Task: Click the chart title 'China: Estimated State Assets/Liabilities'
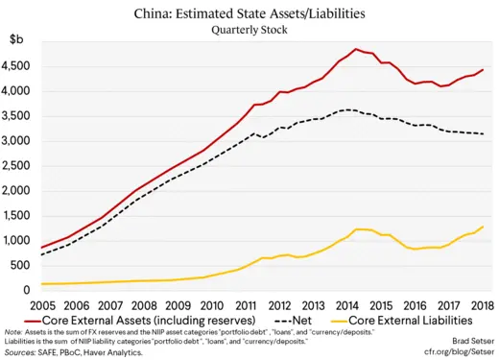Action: click(249, 12)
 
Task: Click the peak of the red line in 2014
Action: click(355, 49)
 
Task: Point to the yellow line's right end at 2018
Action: click(483, 227)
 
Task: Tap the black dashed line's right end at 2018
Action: click(483, 133)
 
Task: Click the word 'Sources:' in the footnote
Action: click(23, 352)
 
